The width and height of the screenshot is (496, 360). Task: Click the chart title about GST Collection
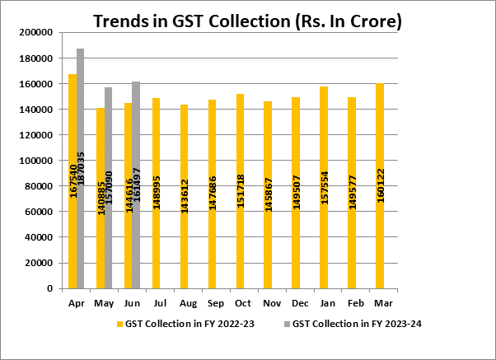point(247,20)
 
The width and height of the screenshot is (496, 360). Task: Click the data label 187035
point(81,172)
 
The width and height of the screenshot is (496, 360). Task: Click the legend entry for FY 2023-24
point(353,324)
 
